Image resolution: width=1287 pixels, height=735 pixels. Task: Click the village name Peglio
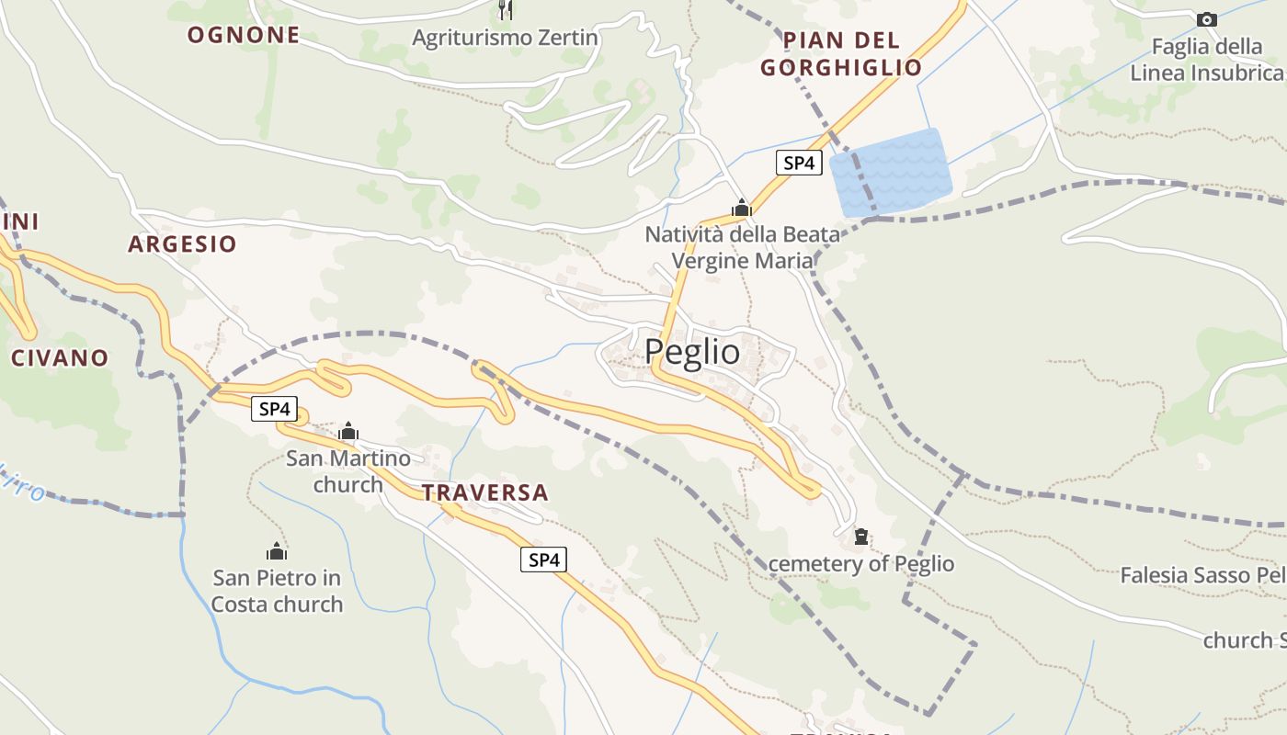point(691,352)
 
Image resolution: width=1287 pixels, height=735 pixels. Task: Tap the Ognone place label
point(244,36)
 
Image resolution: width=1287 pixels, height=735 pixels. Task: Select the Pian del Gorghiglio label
point(841,54)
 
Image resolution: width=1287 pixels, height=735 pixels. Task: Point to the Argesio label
point(182,244)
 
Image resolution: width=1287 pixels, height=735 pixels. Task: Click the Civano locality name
point(60,358)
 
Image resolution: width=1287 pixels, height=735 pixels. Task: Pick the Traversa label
point(484,493)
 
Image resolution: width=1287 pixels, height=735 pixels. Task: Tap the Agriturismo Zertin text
point(505,39)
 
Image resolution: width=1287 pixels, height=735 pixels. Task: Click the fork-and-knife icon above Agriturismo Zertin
point(505,9)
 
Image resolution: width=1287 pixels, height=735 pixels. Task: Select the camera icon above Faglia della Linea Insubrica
point(1206,19)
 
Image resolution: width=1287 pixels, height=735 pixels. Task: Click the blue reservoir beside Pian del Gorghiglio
point(890,173)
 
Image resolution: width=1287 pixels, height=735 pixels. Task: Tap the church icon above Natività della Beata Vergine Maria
point(741,209)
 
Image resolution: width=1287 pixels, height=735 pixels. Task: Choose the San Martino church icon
point(348,431)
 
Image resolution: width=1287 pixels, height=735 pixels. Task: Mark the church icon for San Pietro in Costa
point(277,551)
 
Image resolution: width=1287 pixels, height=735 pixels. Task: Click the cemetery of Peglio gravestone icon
point(861,537)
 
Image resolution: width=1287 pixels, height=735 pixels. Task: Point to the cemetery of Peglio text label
point(861,564)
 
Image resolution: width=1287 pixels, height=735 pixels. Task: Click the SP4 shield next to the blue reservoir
point(798,164)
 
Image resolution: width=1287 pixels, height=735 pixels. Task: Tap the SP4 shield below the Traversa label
point(543,559)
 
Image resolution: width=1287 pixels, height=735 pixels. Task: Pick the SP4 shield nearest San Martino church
point(274,410)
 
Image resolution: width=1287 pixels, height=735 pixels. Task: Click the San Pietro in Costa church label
point(277,591)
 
